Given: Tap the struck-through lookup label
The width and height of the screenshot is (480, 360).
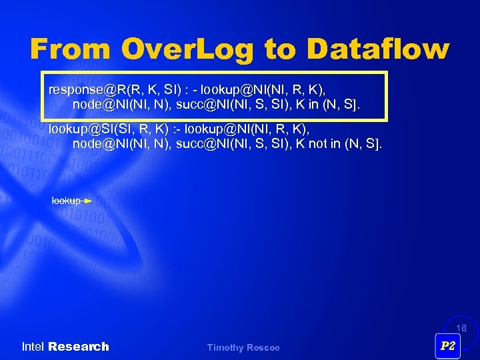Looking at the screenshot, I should [66, 201].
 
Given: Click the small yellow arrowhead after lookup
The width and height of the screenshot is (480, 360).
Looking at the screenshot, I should [88, 201].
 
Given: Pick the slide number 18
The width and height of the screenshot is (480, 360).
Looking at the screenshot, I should [461, 329].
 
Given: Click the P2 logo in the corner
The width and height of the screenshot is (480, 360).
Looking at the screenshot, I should [448, 345].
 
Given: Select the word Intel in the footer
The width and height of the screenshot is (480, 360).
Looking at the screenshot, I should [33, 347].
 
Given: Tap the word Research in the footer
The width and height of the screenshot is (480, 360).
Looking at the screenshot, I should [78, 347].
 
